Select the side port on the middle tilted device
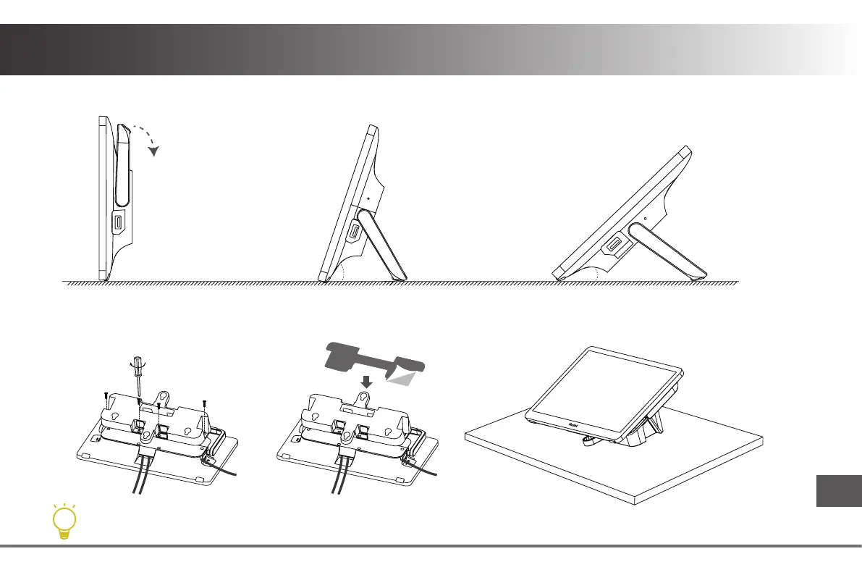(x=355, y=232)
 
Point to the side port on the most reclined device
(x=612, y=246)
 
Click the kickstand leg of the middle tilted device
(x=384, y=245)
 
